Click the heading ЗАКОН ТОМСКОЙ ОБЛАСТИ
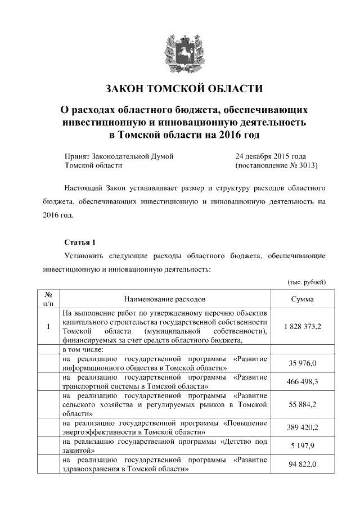[x=184, y=89]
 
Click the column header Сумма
[x=302, y=299]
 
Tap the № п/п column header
[x=48, y=299]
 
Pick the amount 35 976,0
[x=303, y=363]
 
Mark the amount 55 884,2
[x=303, y=404]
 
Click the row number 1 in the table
[x=48, y=326]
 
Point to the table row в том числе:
[x=84, y=349]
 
